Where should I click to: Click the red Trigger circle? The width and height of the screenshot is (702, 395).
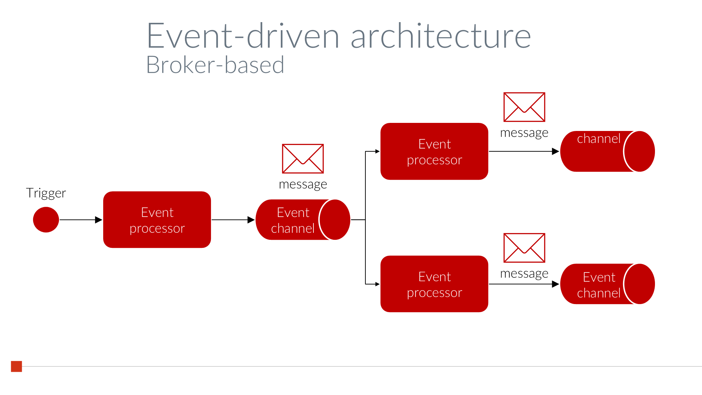click(x=46, y=220)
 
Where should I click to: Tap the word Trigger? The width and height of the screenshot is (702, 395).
click(x=46, y=193)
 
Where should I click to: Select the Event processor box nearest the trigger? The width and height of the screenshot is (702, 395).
click(x=157, y=220)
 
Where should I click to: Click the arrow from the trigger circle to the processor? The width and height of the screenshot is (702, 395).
click(x=81, y=220)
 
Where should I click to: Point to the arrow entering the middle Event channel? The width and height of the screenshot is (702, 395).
click(x=233, y=220)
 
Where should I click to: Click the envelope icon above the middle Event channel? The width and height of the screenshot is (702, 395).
click(x=303, y=159)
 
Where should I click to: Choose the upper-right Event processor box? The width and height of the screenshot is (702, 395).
click(x=434, y=151)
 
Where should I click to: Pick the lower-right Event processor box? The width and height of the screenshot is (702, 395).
click(x=434, y=284)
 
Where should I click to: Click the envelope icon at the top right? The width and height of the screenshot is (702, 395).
click(x=524, y=107)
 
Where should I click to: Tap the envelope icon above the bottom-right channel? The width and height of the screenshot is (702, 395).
click(x=524, y=248)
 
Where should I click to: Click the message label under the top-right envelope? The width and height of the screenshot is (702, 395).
click(x=524, y=133)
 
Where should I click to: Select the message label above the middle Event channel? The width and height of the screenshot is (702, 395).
click(x=303, y=184)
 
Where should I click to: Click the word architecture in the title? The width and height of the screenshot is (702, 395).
click(x=441, y=36)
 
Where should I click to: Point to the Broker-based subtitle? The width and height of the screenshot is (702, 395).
click(x=215, y=65)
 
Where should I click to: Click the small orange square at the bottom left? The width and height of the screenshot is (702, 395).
click(x=16, y=366)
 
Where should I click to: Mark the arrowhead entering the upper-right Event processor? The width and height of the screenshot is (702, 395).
click(x=377, y=151)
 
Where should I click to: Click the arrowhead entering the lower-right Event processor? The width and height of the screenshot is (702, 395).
click(x=377, y=284)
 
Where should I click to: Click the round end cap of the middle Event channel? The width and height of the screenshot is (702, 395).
click(x=335, y=220)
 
